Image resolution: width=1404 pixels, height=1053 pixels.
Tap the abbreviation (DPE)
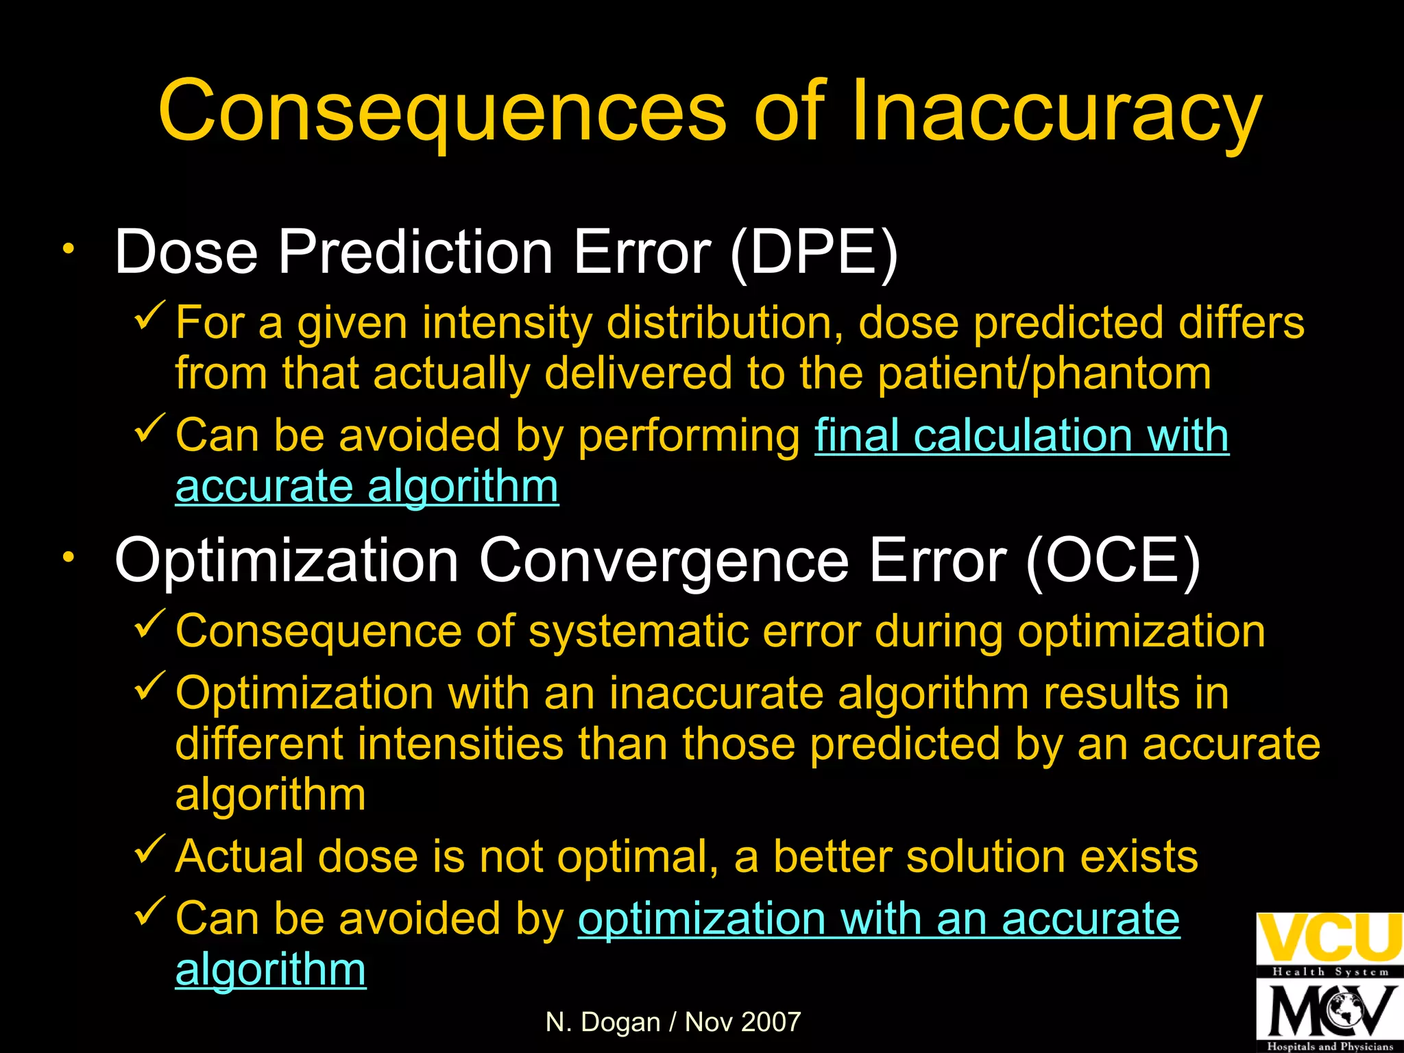[814, 252]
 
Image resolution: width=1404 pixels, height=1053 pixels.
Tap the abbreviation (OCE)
[1113, 561]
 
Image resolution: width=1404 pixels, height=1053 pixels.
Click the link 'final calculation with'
[1021, 436]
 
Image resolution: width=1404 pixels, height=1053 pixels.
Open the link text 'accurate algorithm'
[367, 487]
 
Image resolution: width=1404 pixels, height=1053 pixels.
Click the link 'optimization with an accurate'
[878, 919]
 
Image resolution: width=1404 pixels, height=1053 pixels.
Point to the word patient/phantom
[1044, 374]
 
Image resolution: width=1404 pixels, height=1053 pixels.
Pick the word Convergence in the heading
[664, 561]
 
